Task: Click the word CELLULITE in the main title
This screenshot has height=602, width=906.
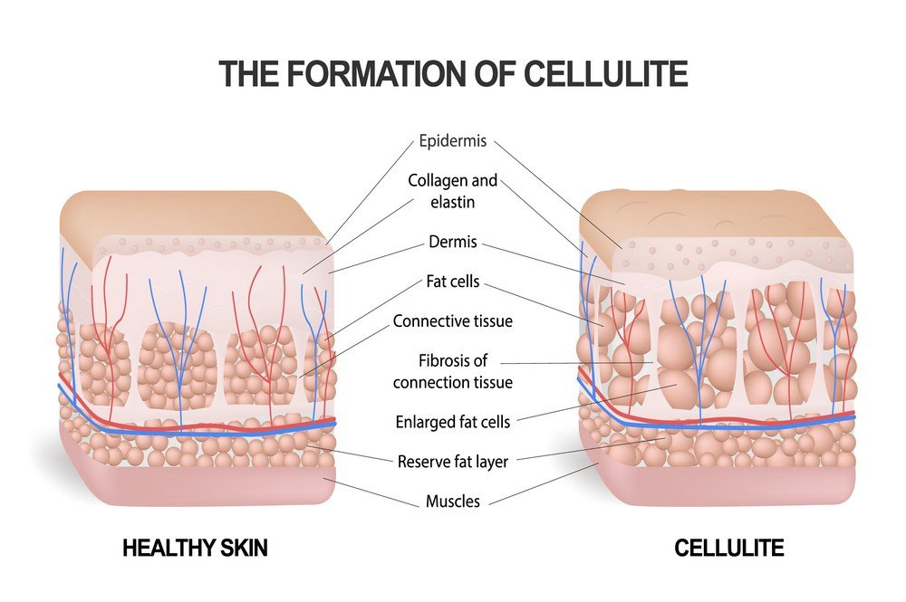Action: click(x=605, y=73)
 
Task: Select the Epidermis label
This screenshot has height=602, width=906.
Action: click(x=453, y=141)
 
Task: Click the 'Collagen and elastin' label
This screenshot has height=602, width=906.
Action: click(x=453, y=191)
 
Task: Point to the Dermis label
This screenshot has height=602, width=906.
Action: click(x=453, y=242)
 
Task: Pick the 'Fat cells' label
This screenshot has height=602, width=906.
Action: click(x=453, y=282)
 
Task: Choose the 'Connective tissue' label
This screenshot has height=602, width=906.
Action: click(x=453, y=320)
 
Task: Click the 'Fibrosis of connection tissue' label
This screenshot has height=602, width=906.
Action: click(x=453, y=371)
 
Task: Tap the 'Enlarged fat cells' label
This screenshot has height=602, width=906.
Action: click(x=453, y=422)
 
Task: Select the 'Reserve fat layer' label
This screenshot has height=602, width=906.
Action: click(x=453, y=462)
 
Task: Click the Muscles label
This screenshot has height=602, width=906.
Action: click(x=453, y=501)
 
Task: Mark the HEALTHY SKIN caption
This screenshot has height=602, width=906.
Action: click(x=196, y=548)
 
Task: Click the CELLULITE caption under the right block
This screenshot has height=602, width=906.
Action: click(x=729, y=548)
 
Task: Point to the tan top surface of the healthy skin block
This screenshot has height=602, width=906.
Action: click(x=185, y=215)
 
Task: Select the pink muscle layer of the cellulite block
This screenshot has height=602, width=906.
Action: click(x=728, y=486)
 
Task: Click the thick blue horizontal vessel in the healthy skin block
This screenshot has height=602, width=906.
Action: click(x=197, y=430)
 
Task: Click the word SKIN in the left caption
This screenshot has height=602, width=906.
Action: click(x=242, y=548)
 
